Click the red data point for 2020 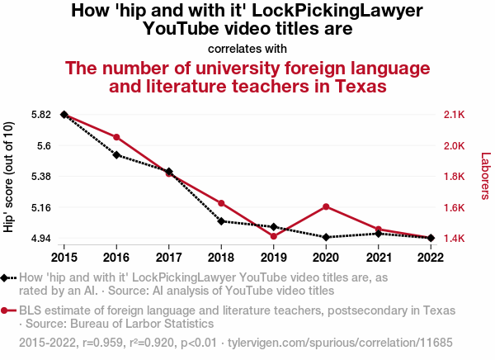pyautogui.click(x=326, y=206)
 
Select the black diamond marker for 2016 pyautogui.click(x=116, y=155)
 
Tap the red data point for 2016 pyautogui.click(x=116, y=137)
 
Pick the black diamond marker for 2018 pyautogui.click(x=221, y=221)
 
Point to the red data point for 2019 pyautogui.click(x=274, y=236)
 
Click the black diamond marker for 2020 pyautogui.click(x=326, y=238)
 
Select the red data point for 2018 pyautogui.click(x=221, y=203)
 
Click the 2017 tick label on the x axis pyautogui.click(x=168, y=257)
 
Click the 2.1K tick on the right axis pyautogui.click(x=455, y=114)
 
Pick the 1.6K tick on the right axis pyautogui.click(x=455, y=207)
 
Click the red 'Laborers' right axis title pyautogui.click(x=485, y=176)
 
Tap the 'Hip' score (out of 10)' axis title pyautogui.click(x=9, y=176)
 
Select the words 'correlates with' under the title pyautogui.click(x=247, y=48)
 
